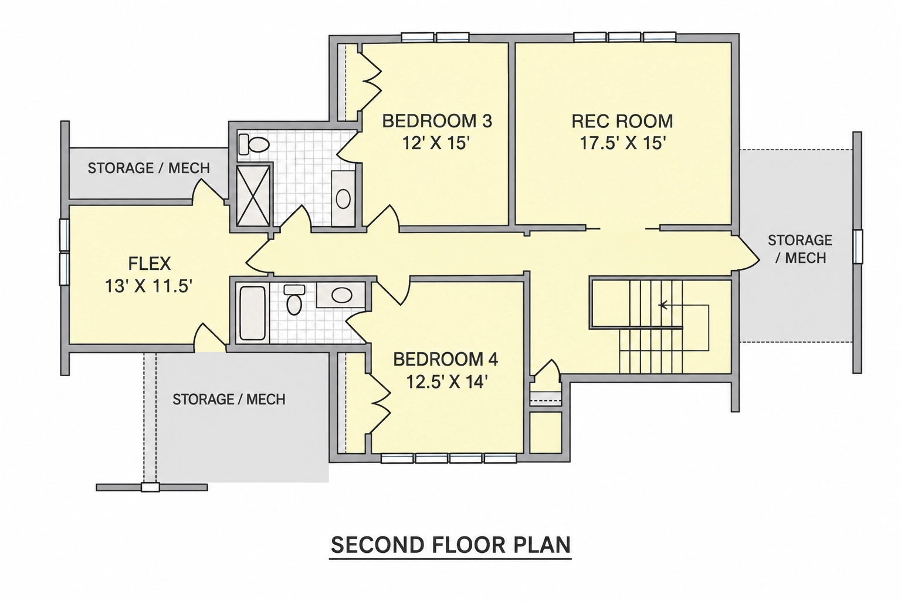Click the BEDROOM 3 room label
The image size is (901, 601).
[x=437, y=121]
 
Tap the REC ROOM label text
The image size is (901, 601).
[x=622, y=121]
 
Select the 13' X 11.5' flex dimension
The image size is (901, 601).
[x=148, y=286]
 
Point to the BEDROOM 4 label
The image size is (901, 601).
[x=446, y=359]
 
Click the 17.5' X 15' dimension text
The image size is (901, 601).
[x=622, y=143]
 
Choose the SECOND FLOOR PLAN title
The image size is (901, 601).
[x=450, y=545]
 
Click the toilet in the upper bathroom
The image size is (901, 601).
[x=253, y=144]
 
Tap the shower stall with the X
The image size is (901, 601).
[x=253, y=195]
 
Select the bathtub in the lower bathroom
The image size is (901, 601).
[x=252, y=313]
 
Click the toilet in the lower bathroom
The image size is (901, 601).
[x=294, y=299]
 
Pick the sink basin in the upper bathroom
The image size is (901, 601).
[x=343, y=198]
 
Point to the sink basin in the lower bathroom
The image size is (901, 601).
[x=341, y=295]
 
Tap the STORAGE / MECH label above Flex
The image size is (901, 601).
[x=149, y=168]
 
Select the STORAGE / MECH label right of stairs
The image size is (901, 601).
[x=800, y=249]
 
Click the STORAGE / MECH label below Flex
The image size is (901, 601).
[x=229, y=399]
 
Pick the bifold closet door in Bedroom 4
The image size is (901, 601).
[x=380, y=403]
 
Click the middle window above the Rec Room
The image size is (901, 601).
[x=624, y=37]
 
